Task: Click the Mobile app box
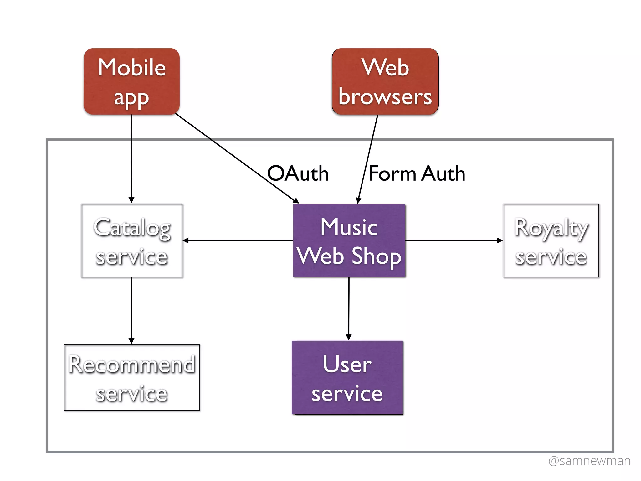131,81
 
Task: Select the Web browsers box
385,81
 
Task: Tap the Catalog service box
131,240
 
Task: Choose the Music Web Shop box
349,240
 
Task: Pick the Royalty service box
551,240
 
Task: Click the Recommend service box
131,378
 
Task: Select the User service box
347,378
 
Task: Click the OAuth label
298,173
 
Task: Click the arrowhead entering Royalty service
500,240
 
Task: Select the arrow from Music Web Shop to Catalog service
238,240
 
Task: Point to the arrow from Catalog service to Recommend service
131,310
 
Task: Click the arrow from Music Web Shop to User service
349,308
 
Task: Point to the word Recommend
132,365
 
